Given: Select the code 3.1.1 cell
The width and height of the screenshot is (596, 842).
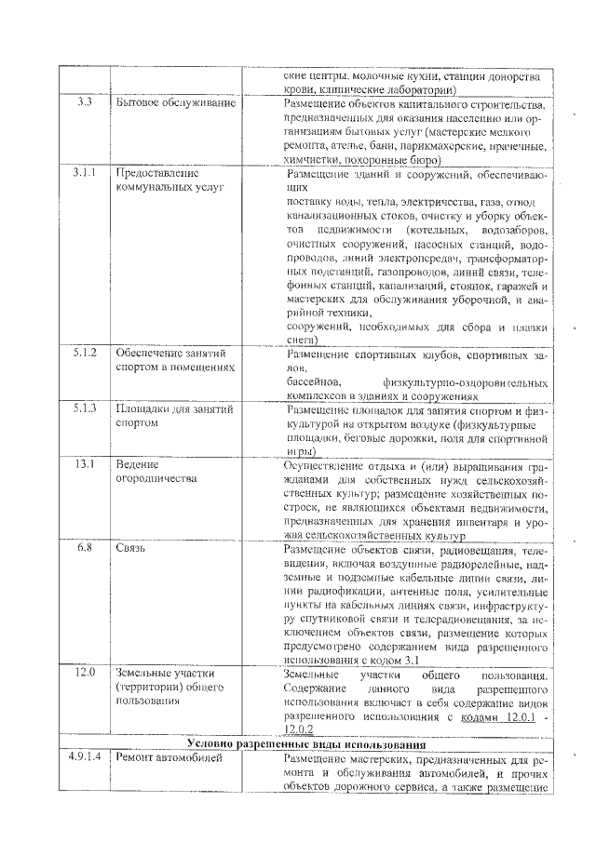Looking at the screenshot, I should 86,172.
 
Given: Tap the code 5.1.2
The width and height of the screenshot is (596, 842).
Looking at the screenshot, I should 86,353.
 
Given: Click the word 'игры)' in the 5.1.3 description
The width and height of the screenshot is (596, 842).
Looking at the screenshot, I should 302,449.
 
